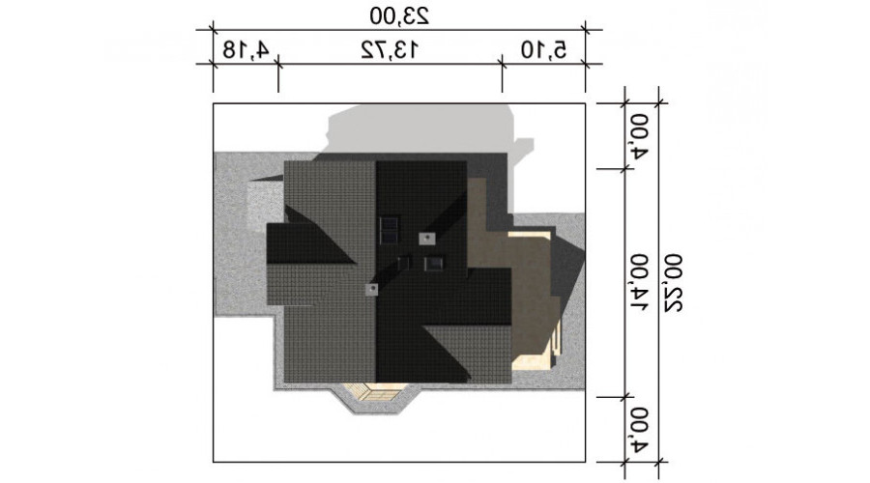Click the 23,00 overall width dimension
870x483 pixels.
pos(399,15)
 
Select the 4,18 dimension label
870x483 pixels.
pos(246,49)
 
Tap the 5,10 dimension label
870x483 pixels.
pos(543,49)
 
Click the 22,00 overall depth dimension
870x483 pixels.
pos(673,283)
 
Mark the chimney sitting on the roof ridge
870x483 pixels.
pos(371,289)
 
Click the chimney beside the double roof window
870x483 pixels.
pos(426,239)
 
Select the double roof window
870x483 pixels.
pos(389,231)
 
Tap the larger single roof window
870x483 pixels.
pos(434,263)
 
